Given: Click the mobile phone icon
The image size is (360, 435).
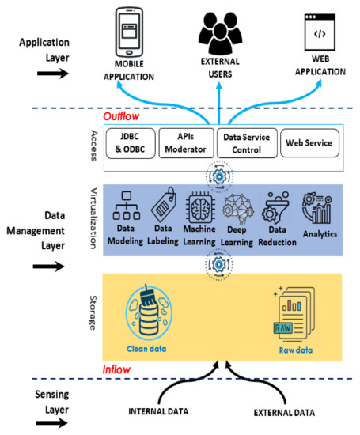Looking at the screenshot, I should point(129,32).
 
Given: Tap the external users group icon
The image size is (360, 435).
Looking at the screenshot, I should point(220,28).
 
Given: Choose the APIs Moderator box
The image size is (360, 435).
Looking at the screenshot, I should point(186,142).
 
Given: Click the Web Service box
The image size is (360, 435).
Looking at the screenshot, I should point(309,142).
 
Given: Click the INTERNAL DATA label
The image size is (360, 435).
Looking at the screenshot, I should point(158,412).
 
